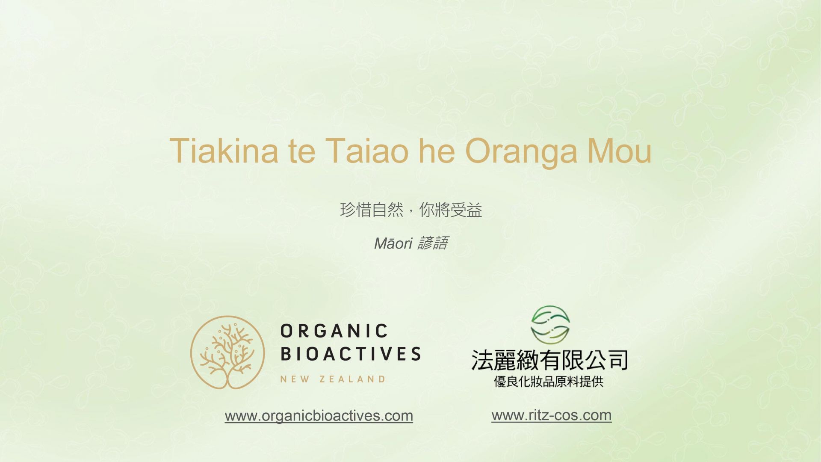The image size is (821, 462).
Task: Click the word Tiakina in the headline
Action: [224, 151]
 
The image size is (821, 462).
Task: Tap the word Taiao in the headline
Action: [367, 151]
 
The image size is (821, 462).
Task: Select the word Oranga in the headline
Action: [520, 153]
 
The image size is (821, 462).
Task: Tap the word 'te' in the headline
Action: [302, 151]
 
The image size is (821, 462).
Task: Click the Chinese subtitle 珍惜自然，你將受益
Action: [411, 210]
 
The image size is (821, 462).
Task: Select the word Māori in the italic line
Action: [393, 243]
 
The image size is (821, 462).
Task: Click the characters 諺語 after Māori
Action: [433, 243]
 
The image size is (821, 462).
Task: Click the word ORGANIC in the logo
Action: [334, 331]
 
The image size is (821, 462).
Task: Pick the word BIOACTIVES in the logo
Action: [351, 354]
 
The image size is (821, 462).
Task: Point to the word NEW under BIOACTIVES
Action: [295, 379]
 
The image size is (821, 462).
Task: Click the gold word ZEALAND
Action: [352, 379]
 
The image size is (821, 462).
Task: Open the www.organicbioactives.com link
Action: [319, 416]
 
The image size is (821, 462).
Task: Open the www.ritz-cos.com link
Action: [552, 415]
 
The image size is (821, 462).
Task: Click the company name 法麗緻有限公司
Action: [549, 360]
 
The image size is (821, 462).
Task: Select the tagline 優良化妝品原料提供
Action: [549, 382]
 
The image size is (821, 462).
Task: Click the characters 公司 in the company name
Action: [607, 360]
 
